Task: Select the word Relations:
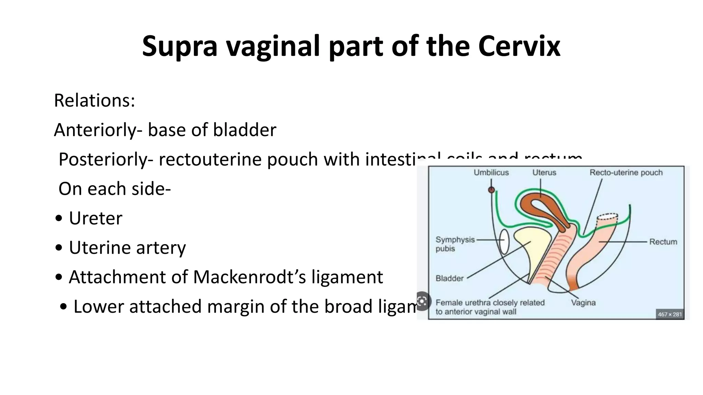pyautogui.click(x=94, y=100)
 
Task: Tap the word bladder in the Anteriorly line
pyautogui.click(x=244, y=130)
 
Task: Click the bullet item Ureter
pyautogui.click(x=95, y=218)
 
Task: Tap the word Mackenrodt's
pyautogui.click(x=249, y=277)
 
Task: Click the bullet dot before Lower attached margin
pyautogui.click(x=64, y=306)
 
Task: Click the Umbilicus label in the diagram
pyautogui.click(x=491, y=172)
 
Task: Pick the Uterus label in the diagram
pyautogui.click(x=544, y=172)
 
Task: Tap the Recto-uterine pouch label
pyautogui.click(x=626, y=172)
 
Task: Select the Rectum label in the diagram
pyautogui.click(x=663, y=242)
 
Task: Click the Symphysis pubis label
pyautogui.click(x=455, y=244)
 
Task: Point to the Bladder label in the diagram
pyautogui.click(x=449, y=278)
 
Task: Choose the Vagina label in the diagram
pyautogui.click(x=583, y=303)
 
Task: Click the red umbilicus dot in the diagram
pyautogui.click(x=492, y=190)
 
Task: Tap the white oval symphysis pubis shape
pyautogui.click(x=504, y=242)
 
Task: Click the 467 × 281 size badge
pyautogui.click(x=669, y=314)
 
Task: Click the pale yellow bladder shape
pyautogui.click(x=530, y=247)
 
